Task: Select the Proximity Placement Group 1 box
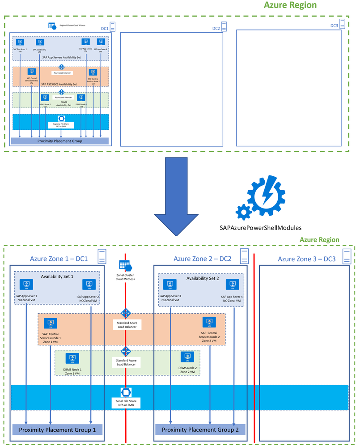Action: tap(57, 430)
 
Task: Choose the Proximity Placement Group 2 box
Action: tap(200, 430)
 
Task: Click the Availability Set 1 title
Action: tap(57, 277)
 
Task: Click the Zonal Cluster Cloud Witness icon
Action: tap(124, 264)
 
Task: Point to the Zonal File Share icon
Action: tap(125, 392)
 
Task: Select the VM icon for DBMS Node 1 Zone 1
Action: tap(72, 358)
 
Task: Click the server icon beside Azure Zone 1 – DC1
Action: tap(102, 256)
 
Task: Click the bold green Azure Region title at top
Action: tap(290, 5)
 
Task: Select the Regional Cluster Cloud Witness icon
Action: tap(51, 26)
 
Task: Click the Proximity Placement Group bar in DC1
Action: tap(60, 141)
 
